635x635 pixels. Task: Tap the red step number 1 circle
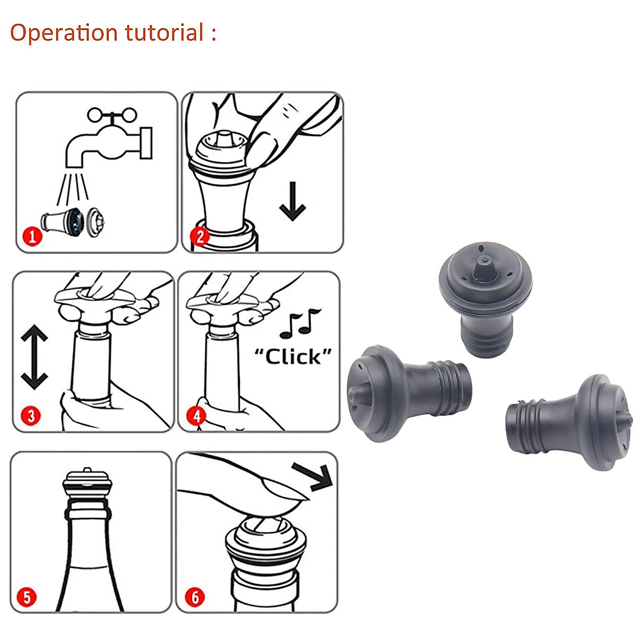coord(33,236)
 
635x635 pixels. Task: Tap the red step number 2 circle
coord(200,235)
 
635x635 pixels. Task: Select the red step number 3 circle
coord(31,415)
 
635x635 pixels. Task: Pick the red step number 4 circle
coord(197,415)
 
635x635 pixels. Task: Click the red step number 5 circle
coord(28,598)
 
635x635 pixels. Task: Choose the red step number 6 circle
coord(195,598)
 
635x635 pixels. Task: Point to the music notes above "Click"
coord(300,323)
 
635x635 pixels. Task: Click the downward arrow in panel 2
coord(293,201)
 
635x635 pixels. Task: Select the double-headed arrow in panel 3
coord(35,358)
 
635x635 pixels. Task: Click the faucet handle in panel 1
coord(112,115)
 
